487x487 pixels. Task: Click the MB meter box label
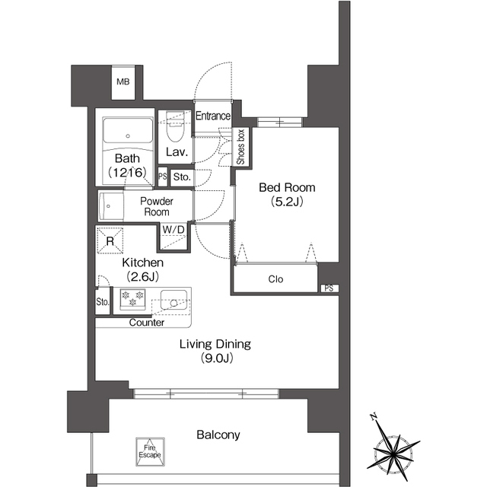pyautogui.click(x=123, y=81)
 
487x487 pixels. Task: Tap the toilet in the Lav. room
pyautogui.click(x=175, y=127)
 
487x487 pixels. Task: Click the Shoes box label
pyautogui.click(x=240, y=147)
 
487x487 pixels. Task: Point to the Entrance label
pyautogui.click(x=213, y=116)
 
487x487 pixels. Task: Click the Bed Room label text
pyautogui.click(x=287, y=188)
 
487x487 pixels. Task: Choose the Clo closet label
pyautogui.click(x=275, y=279)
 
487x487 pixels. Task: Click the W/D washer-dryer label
pyautogui.click(x=173, y=230)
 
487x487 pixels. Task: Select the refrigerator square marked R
pyautogui.click(x=110, y=240)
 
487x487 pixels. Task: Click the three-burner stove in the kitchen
pyautogui.click(x=132, y=299)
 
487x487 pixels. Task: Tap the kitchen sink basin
pyautogui.click(x=173, y=300)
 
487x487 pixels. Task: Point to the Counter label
pyautogui.click(x=147, y=323)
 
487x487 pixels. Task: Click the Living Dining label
pyautogui.click(x=215, y=344)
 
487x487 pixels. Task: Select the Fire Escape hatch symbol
pyautogui.click(x=150, y=452)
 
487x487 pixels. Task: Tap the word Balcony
pyautogui.click(x=218, y=434)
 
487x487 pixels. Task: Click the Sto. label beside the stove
pyautogui.click(x=103, y=301)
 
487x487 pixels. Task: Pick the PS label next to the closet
pyautogui.click(x=329, y=288)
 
